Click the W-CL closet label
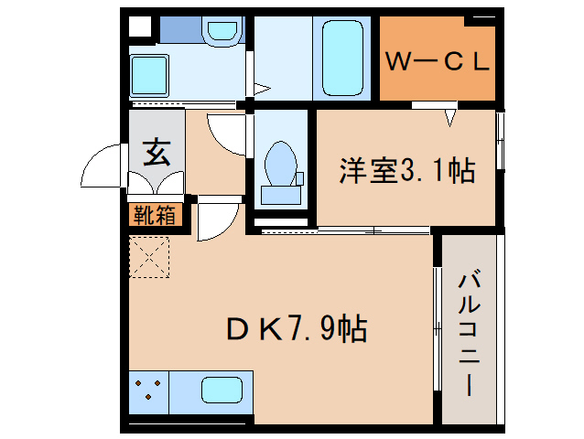coord(438,61)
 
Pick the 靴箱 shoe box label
coord(157,216)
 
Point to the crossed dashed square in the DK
coord(149,257)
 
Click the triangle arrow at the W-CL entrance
coord(449,116)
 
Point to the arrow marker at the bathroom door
coord(260,90)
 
